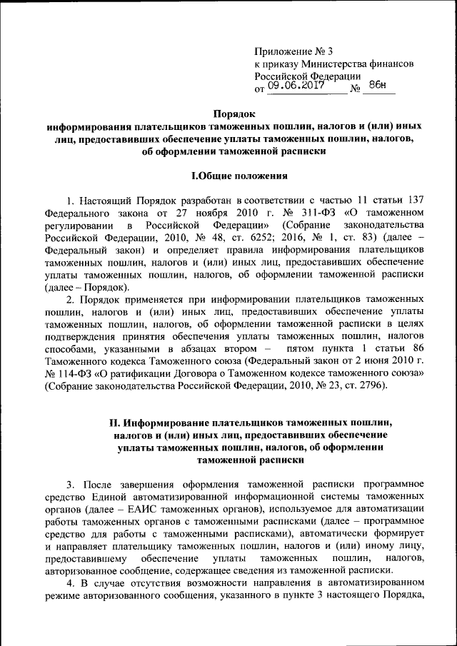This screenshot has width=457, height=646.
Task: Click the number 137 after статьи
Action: pos(417,199)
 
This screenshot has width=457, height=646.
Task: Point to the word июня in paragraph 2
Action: pos(377,360)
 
